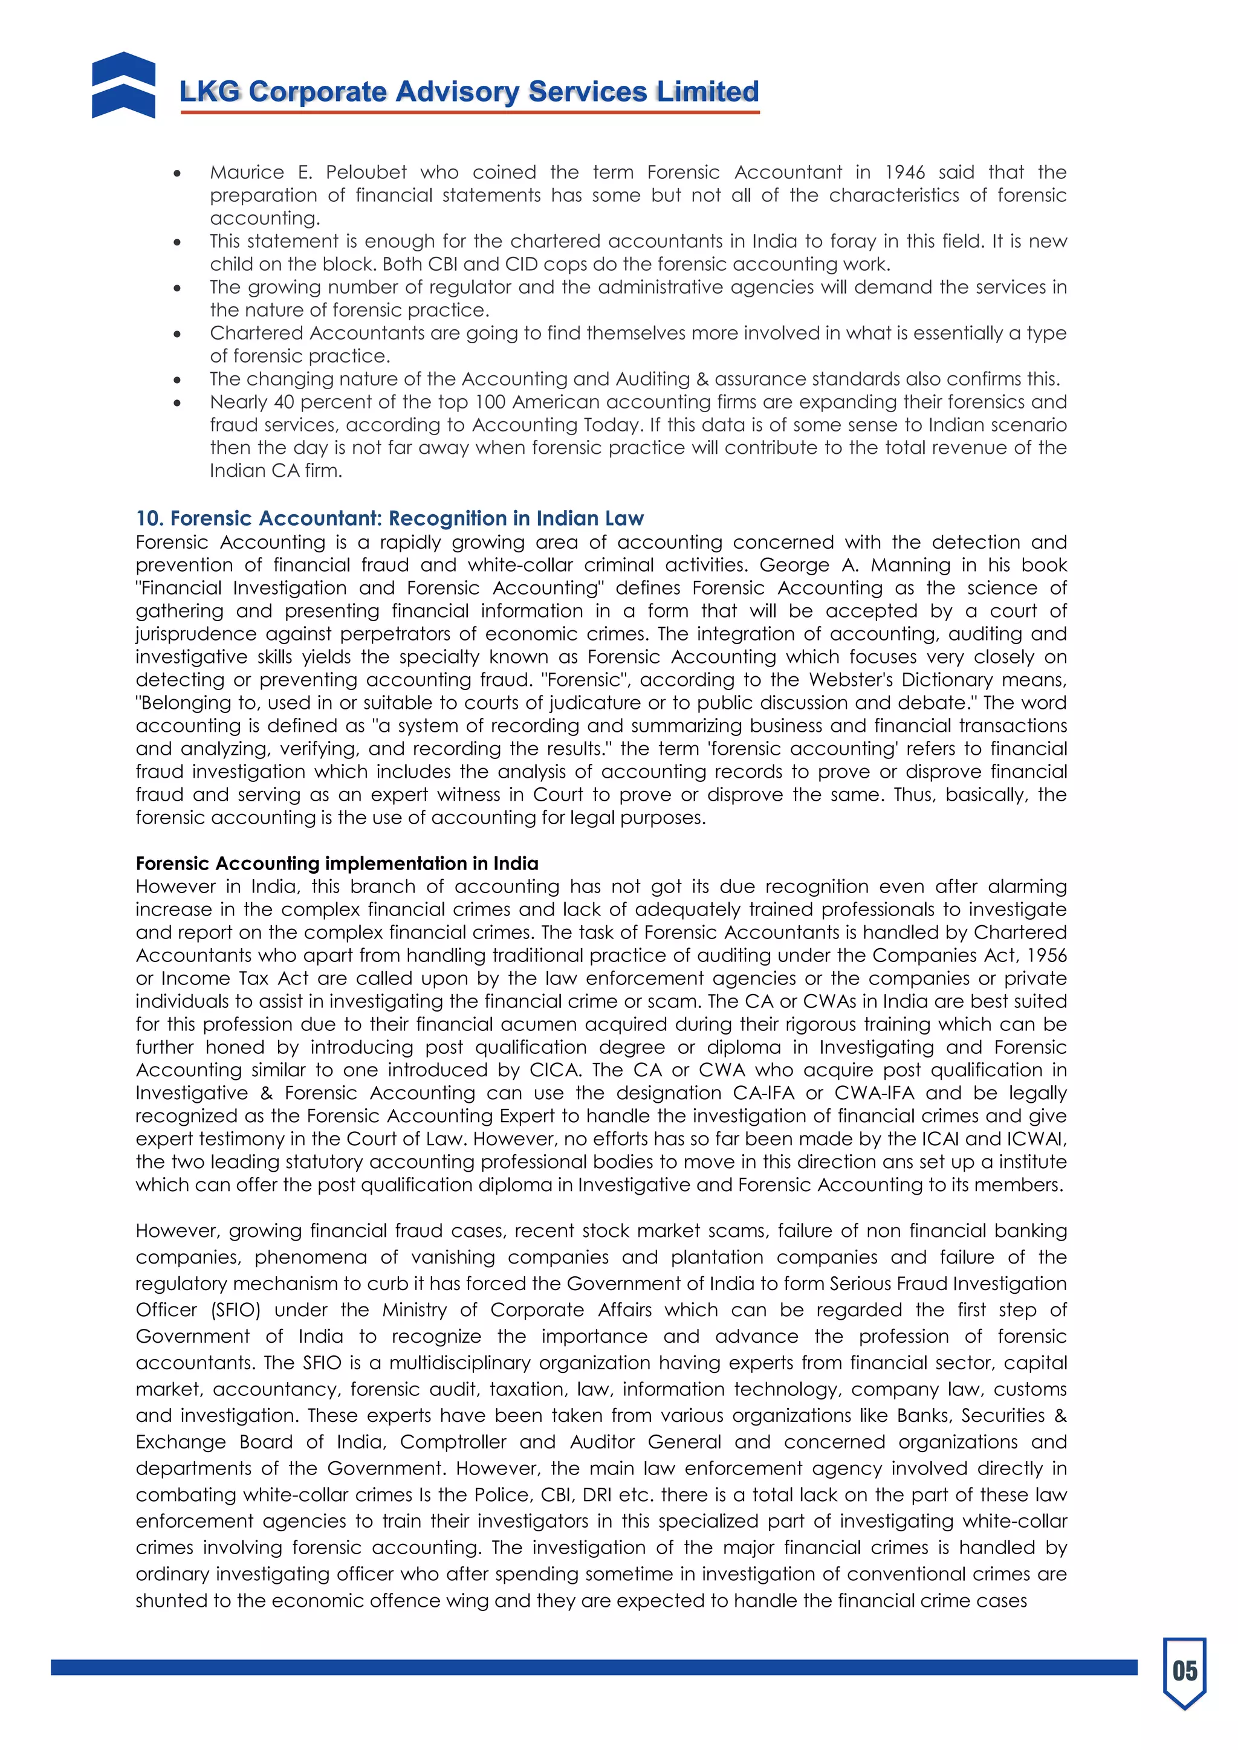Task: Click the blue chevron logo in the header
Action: coord(123,85)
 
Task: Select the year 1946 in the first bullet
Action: coord(904,172)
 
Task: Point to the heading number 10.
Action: coord(149,518)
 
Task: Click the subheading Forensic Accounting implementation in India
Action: coord(337,863)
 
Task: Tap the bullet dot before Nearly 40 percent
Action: coord(177,402)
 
